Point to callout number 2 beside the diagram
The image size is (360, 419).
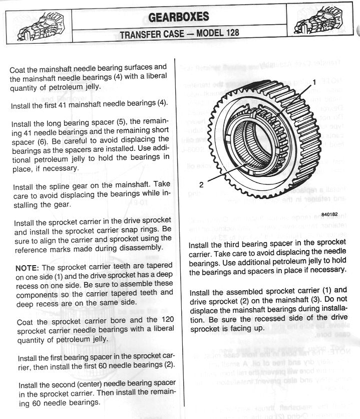pos(201,184)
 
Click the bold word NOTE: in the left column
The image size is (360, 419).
pos(28,268)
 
